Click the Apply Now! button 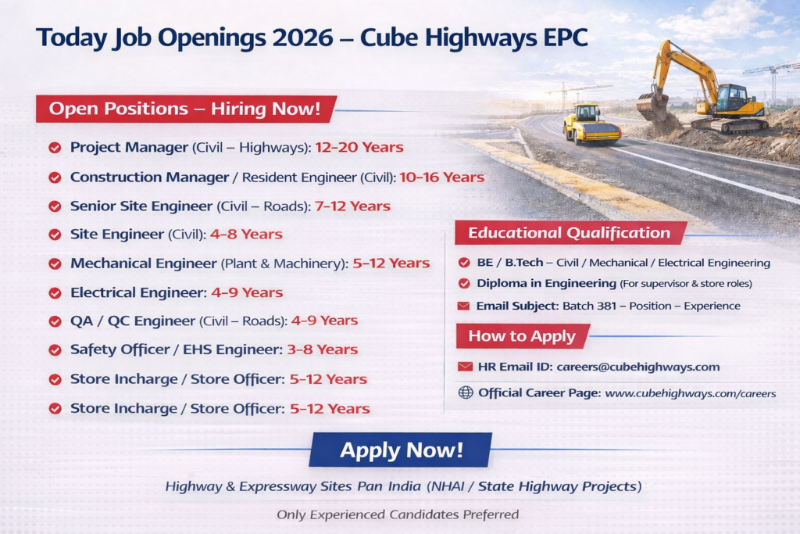tap(401, 450)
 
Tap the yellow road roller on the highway tap(591, 124)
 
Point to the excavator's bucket tap(652, 106)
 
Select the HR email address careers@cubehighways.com tap(637, 367)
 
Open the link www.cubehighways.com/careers tap(691, 393)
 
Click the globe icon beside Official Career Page tap(466, 392)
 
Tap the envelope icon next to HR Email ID tap(465, 367)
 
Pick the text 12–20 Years tap(359, 148)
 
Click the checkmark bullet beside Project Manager tap(55, 148)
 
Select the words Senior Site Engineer tap(141, 206)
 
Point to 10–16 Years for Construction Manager tap(442, 177)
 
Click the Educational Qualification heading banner tap(570, 233)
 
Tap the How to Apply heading tap(522, 336)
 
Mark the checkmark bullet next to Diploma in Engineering tap(464, 283)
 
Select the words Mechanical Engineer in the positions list tap(144, 263)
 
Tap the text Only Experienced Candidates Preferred tap(398, 514)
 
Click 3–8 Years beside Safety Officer tap(323, 349)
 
